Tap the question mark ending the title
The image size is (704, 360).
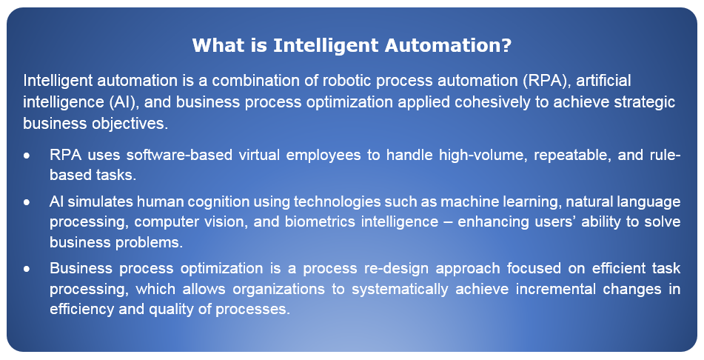point(507,45)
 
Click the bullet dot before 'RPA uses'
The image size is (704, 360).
point(27,156)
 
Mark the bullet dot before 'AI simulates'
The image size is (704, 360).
point(27,202)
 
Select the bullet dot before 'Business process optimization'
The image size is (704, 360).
point(27,269)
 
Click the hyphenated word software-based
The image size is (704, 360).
point(179,155)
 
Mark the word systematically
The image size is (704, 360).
point(400,289)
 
